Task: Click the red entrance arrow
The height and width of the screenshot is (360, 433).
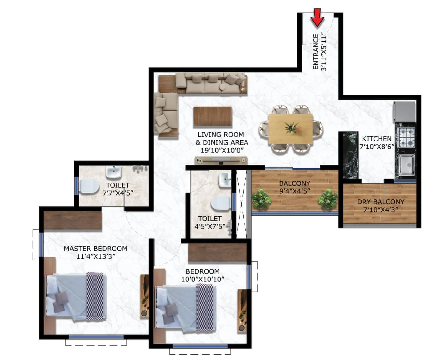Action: point(317,18)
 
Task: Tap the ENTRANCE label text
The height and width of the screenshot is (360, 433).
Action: point(316,52)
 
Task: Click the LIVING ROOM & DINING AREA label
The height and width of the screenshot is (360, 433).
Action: point(221,138)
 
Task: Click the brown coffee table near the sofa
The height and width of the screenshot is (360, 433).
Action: point(213,116)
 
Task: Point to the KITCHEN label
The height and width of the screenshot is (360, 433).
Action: point(377,139)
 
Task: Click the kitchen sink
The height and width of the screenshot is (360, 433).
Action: point(407,165)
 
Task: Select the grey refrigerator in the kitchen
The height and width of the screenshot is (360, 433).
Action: point(405,112)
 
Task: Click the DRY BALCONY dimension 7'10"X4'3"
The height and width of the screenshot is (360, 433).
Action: point(381,210)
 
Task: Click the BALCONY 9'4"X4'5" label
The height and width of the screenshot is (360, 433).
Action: point(294,187)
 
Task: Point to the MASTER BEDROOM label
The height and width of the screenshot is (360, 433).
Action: point(95,249)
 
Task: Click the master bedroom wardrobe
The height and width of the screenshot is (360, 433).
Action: point(73,221)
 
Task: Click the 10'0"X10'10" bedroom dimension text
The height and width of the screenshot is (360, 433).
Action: point(203,279)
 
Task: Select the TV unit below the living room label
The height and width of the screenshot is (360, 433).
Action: point(221,161)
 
